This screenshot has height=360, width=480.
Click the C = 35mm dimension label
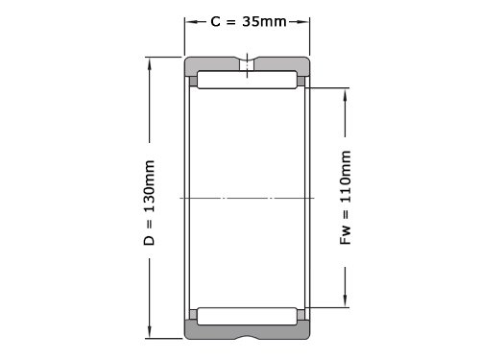[249, 22]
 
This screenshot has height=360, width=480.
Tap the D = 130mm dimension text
[149, 203]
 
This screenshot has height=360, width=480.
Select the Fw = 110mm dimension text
[346, 198]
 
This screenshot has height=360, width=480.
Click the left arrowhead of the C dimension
[191, 22]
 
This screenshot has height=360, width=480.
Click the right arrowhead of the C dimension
[303, 22]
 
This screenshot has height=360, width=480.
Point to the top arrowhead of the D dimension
[149, 64]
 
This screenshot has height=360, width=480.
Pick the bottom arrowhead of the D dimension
[149, 332]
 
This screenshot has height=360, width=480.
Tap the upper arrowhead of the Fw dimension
[345, 95]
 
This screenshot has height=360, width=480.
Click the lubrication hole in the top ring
[247, 65]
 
